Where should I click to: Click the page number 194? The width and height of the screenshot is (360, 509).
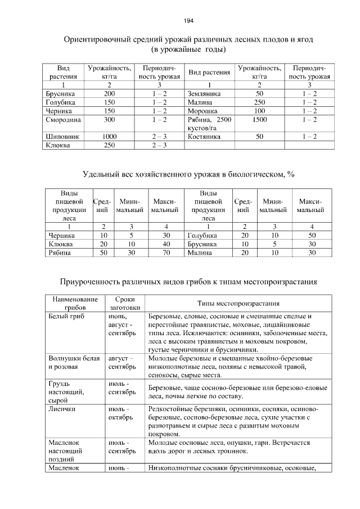click(x=188, y=21)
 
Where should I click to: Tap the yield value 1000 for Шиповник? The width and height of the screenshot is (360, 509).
click(x=110, y=136)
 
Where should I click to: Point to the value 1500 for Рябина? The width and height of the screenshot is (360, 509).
click(x=259, y=120)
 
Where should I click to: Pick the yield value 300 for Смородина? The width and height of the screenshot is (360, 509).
click(x=110, y=120)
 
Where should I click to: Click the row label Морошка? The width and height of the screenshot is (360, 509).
click(x=202, y=111)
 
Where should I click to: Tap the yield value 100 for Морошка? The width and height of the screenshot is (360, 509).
click(x=259, y=111)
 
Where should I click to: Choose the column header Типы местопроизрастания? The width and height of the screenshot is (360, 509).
click(x=238, y=304)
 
